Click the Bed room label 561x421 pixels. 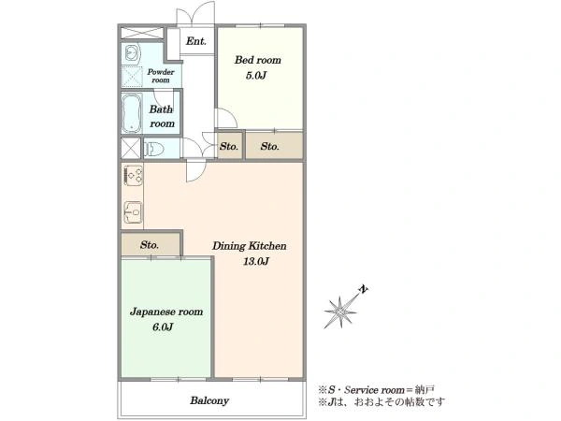(258, 60)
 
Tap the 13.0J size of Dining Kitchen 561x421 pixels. (256, 261)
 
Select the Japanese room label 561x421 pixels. (166, 312)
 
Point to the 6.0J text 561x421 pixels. (163, 327)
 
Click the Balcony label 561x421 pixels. (209, 400)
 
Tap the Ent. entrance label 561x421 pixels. (196, 41)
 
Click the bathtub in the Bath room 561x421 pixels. (132, 113)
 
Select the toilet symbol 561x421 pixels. (154, 148)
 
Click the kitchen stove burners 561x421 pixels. (133, 175)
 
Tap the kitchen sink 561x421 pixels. (133, 212)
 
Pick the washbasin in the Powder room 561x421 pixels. (131, 54)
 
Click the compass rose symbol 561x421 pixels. (340, 312)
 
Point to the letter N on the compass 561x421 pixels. (364, 289)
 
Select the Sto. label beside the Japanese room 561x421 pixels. (150, 245)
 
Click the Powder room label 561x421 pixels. (161, 76)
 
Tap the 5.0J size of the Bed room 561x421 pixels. (256, 76)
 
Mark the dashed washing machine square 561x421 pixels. (132, 77)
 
